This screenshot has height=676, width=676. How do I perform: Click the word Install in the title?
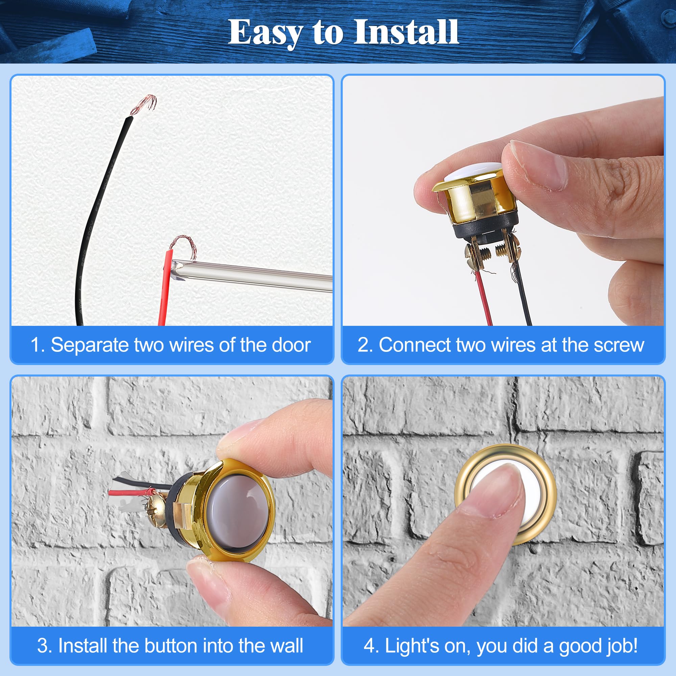[406, 32]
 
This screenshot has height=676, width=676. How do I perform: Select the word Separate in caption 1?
[90, 345]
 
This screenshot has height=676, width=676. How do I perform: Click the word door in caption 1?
[291, 345]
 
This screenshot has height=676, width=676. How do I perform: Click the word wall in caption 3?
[287, 646]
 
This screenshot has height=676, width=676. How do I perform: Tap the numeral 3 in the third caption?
[42, 646]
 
